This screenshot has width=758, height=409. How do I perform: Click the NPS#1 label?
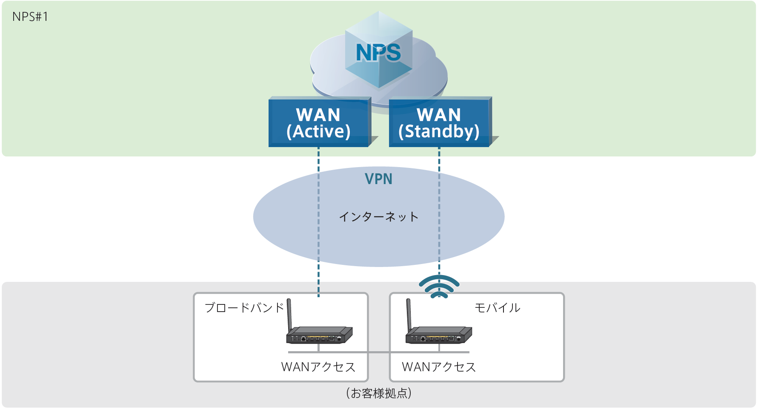[x=30, y=17]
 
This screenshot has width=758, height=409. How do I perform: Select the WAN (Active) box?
[x=319, y=123]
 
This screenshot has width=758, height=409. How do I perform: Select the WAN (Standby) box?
[x=439, y=123]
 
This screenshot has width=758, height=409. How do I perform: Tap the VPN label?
[x=378, y=179]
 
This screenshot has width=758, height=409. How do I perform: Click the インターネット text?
[x=378, y=217]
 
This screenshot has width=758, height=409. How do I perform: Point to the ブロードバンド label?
[x=244, y=307]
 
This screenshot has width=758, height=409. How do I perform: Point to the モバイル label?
[x=497, y=307]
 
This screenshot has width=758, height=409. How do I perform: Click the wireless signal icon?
[x=439, y=287]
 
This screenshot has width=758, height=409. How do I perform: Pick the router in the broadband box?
[x=319, y=335]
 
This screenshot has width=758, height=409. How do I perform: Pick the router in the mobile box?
[x=439, y=335]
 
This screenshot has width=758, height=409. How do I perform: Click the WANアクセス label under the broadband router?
[x=318, y=367]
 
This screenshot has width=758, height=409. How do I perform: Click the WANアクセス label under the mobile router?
[x=439, y=367]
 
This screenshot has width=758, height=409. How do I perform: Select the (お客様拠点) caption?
[x=378, y=393]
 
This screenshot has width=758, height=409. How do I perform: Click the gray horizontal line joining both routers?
[x=378, y=352]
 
